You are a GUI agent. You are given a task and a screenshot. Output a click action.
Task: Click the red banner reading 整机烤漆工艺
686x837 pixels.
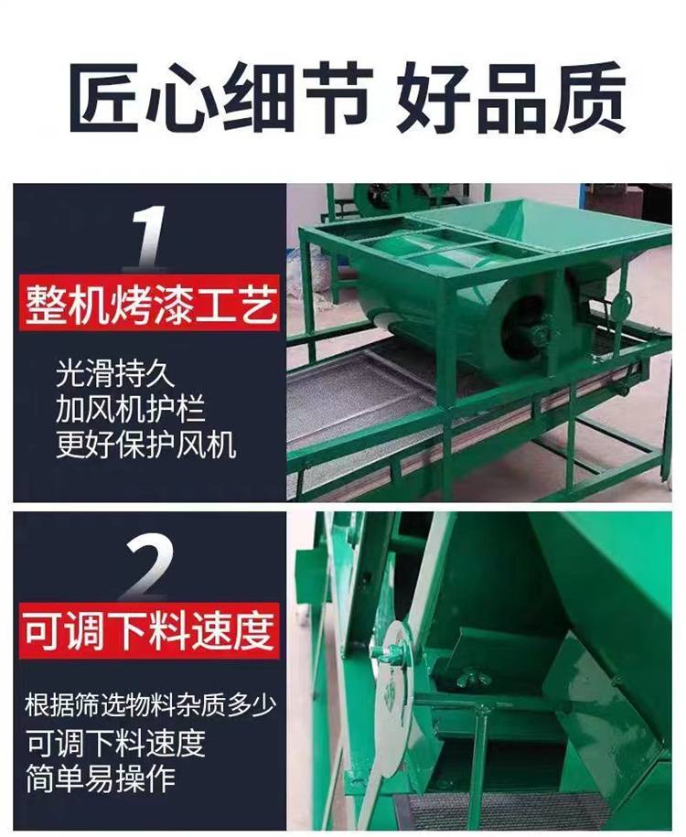pos(149,305)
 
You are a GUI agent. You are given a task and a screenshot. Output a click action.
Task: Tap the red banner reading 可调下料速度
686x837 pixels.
pos(149,631)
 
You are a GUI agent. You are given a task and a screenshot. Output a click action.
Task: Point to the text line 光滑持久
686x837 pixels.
pos(115,373)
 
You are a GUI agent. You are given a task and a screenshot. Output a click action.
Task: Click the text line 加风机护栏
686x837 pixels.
pos(130,408)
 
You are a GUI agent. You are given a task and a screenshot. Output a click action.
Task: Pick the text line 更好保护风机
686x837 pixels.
pos(145,445)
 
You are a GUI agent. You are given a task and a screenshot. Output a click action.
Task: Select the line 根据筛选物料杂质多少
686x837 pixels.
pos(150,704)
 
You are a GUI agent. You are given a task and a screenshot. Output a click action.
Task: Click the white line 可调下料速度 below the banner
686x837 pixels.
pos(116,742)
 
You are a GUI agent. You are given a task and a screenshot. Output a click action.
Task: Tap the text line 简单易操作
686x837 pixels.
pos(101,778)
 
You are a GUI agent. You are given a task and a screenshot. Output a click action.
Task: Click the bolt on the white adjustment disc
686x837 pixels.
pos(392,651)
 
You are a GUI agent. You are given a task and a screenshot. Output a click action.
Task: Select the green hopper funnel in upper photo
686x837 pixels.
pos(539,230)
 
